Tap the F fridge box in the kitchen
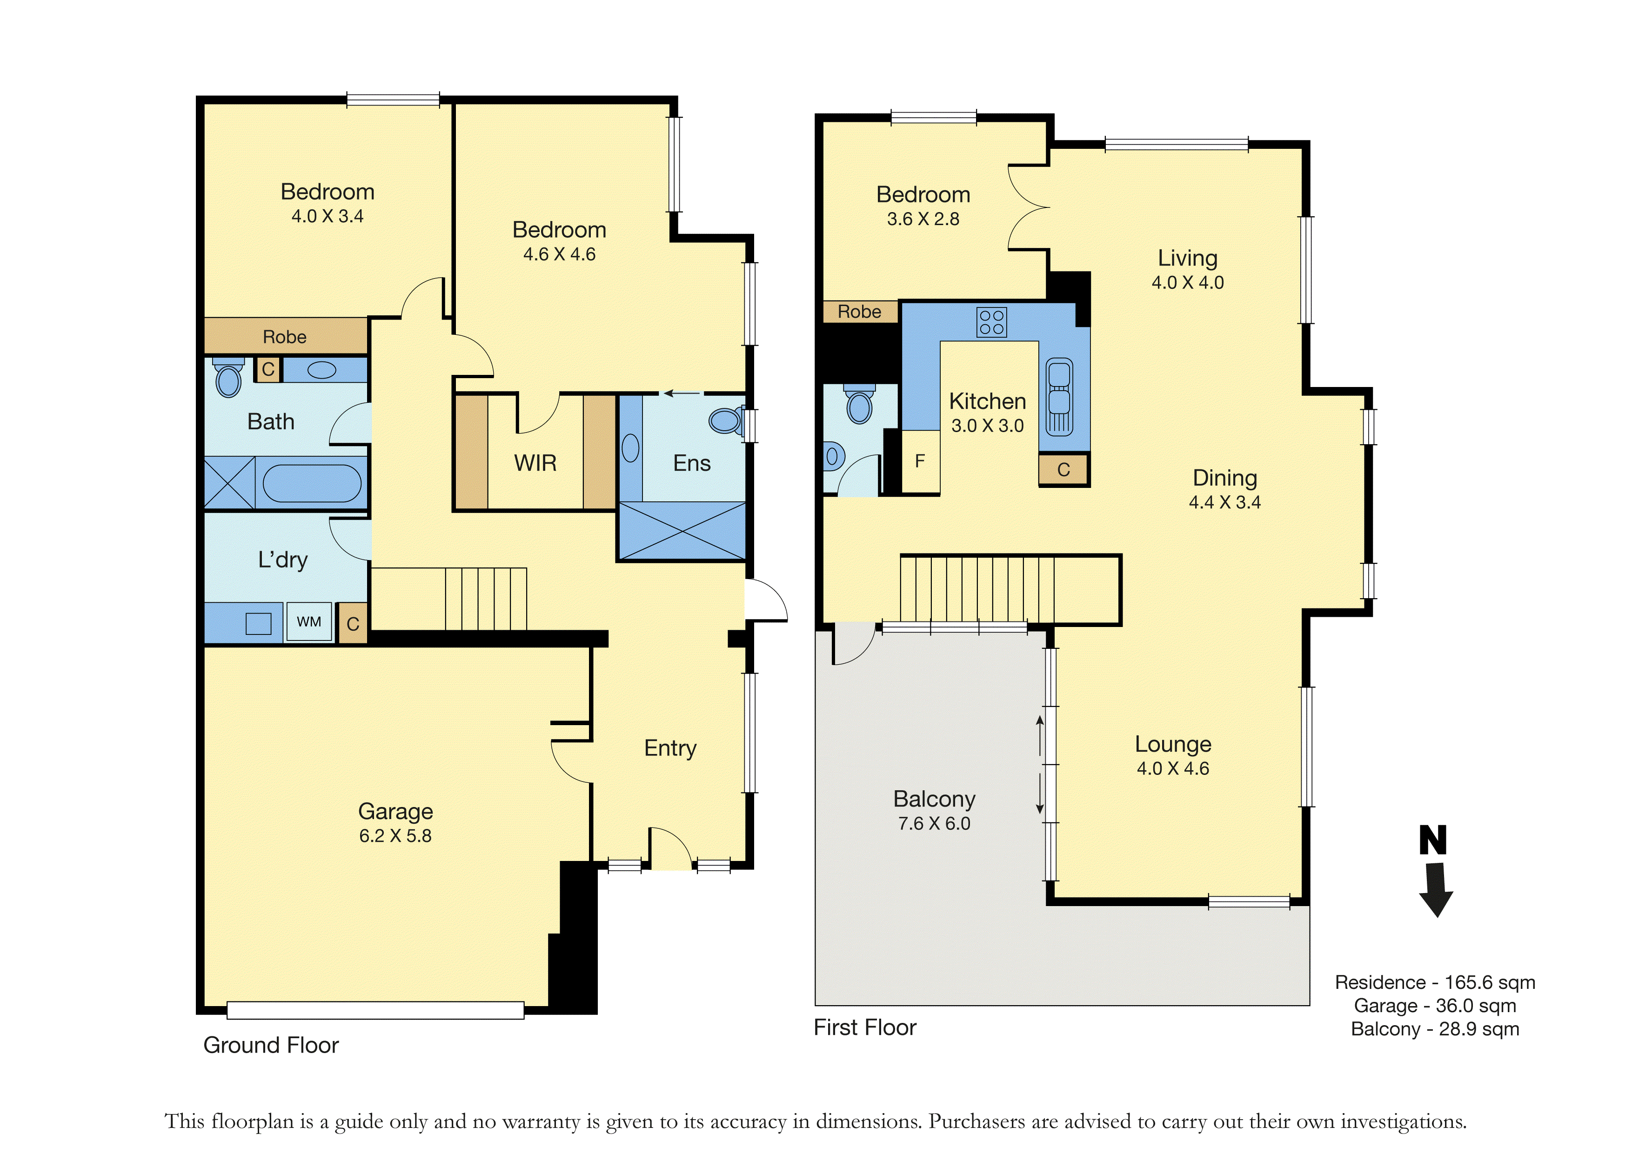coord(921,462)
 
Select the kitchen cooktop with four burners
coord(991,322)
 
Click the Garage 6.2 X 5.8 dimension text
coord(395,836)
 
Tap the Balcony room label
coord(934,800)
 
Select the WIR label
coord(535,463)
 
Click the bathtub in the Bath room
coord(312,483)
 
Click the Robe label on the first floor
coord(859,312)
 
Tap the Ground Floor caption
coord(271,1045)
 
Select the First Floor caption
coord(865,1027)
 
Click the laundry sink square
coord(258,623)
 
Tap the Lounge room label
coord(1173,744)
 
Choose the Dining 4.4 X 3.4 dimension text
coord(1225,502)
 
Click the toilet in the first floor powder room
coord(859,405)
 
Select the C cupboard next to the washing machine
coord(353,623)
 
